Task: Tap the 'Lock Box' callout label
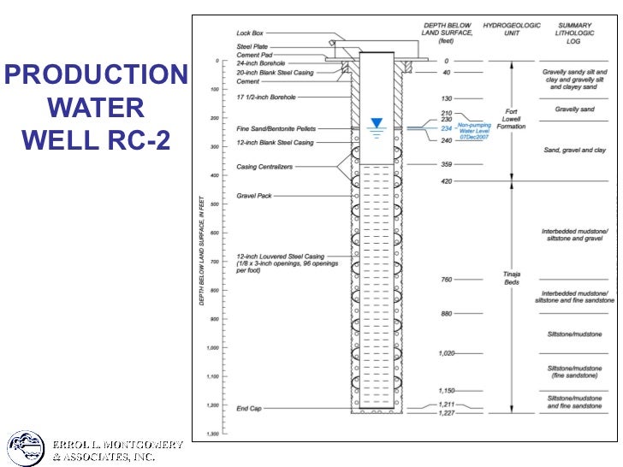pyautogui.click(x=250, y=33)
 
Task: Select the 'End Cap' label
pyautogui.click(x=249, y=409)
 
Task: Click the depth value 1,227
pyautogui.click(x=446, y=412)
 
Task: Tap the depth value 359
pyautogui.click(x=446, y=164)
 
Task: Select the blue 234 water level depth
pyautogui.click(x=446, y=128)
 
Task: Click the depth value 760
pyautogui.click(x=446, y=280)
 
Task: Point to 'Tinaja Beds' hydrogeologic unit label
pyautogui.click(x=511, y=278)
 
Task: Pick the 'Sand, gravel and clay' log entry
pyautogui.click(x=574, y=151)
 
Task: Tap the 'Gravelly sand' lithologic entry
pyautogui.click(x=574, y=109)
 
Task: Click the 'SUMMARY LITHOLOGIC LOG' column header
pyautogui.click(x=574, y=33)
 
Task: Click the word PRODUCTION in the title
pyautogui.click(x=95, y=76)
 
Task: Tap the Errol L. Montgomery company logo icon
pyautogui.click(x=26, y=449)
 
